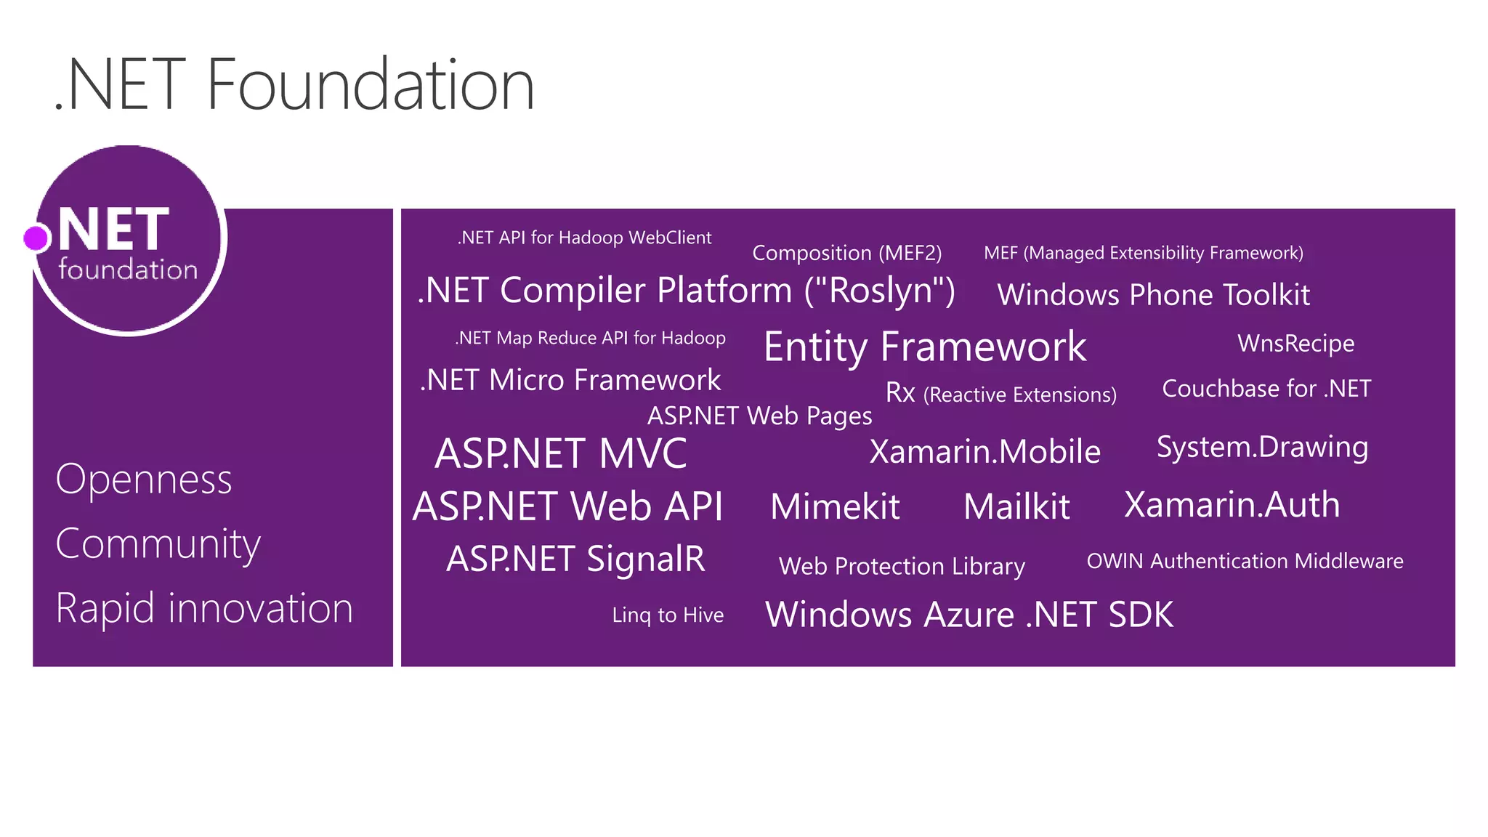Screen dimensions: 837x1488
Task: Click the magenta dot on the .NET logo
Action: pyautogui.click(x=36, y=238)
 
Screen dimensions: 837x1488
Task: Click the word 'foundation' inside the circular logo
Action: pyautogui.click(x=128, y=270)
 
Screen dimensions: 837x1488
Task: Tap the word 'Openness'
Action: pyautogui.click(x=144, y=480)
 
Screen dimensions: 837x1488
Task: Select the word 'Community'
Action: pyautogui.click(x=158, y=544)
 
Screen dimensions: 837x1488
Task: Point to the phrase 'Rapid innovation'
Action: pyautogui.click(x=204, y=608)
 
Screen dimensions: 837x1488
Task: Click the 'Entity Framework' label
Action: pyautogui.click(x=925, y=347)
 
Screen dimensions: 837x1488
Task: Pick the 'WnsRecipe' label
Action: pyautogui.click(x=1295, y=343)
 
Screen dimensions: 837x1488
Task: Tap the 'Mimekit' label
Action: pyautogui.click(x=835, y=506)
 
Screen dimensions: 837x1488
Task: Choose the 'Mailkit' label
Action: pyautogui.click(x=1016, y=506)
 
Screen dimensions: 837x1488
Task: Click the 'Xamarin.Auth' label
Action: pyautogui.click(x=1232, y=505)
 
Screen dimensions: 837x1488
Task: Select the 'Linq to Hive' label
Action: pyautogui.click(x=668, y=615)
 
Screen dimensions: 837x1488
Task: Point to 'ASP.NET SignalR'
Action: pyautogui.click(x=575, y=559)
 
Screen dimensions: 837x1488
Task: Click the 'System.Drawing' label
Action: pyautogui.click(x=1262, y=448)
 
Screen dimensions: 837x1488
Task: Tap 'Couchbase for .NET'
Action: pyautogui.click(x=1266, y=389)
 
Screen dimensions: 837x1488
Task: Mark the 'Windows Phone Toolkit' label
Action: pyautogui.click(x=1153, y=295)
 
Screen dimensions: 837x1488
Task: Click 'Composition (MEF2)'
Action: pyautogui.click(x=846, y=253)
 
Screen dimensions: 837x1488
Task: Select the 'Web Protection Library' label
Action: pyautogui.click(x=902, y=566)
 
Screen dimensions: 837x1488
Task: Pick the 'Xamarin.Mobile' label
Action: pyautogui.click(x=984, y=452)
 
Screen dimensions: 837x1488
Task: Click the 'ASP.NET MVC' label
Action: pyautogui.click(x=560, y=453)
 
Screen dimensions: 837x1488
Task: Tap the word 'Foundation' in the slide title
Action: pyautogui.click(x=371, y=85)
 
